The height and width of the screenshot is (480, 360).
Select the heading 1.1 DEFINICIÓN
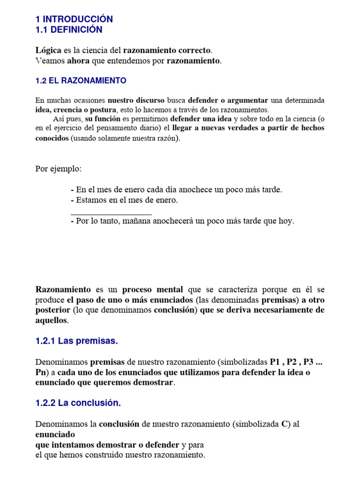(x=69, y=30)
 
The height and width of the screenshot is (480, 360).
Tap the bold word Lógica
(x=48, y=50)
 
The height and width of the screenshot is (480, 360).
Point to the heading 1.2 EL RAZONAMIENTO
(x=81, y=81)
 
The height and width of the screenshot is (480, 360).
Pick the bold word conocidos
(x=52, y=138)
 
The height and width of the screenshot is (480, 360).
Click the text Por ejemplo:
(x=58, y=169)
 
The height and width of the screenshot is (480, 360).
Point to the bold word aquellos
(x=52, y=321)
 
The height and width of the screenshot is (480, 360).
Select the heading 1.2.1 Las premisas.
(x=76, y=341)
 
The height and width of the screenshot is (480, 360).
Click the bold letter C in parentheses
(x=284, y=424)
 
